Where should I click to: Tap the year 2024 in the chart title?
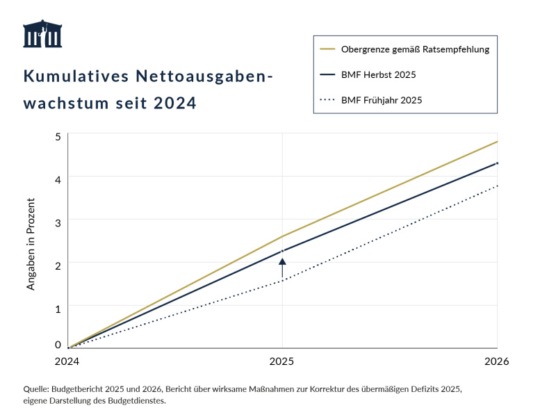pos(175,103)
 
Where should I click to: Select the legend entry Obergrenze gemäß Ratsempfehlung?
pos(415,49)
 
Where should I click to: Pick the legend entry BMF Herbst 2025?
pos(378,74)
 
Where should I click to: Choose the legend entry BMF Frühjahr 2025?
pos(382,100)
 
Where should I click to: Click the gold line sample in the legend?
pos(327,49)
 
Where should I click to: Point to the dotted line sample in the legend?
pos(327,100)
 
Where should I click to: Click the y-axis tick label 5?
pos(58,136)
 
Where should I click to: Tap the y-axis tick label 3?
pos(58,221)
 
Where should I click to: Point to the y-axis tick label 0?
pos(58,344)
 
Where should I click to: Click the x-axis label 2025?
pos(282,361)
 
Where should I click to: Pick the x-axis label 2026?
pos(497,361)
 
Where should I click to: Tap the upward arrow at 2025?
pos(282,268)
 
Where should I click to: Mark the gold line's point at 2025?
pos(282,236)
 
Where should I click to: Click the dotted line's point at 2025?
pos(282,280)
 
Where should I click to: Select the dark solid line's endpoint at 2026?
pos(497,163)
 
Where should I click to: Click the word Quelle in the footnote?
pos(36,389)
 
